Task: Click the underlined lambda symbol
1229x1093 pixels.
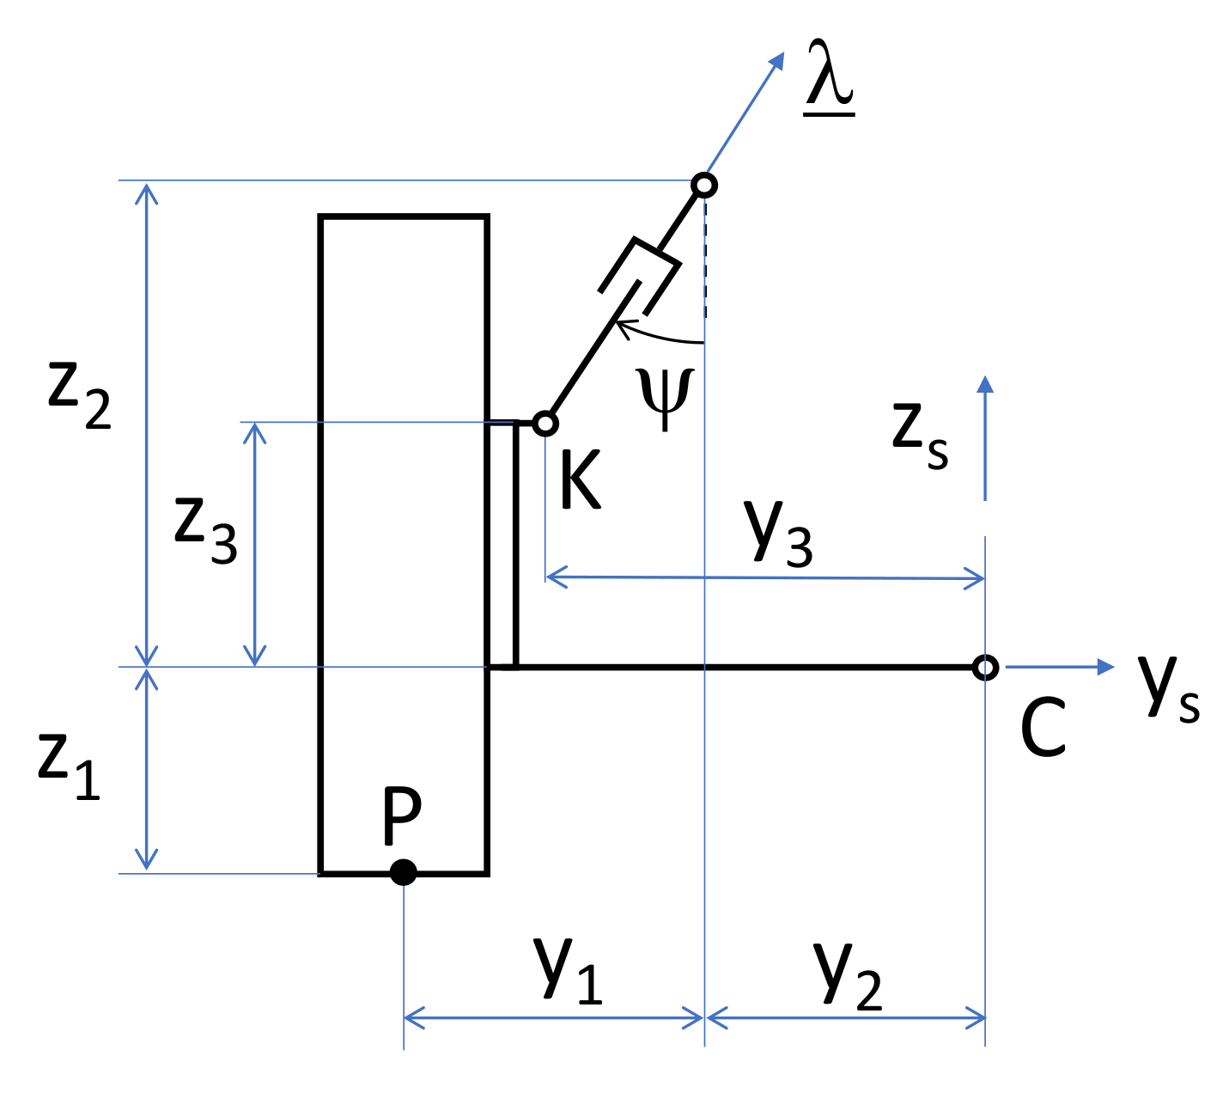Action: click(830, 82)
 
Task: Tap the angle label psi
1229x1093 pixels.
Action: click(664, 398)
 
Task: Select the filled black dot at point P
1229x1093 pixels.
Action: click(403, 872)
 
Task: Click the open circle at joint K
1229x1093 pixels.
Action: click(545, 424)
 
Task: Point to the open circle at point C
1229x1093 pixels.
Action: click(985, 667)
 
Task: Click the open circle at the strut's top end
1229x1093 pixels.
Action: click(704, 185)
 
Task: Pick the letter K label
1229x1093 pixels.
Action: click(580, 483)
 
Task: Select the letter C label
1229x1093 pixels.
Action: click(1043, 728)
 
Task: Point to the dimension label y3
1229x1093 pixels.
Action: click(778, 530)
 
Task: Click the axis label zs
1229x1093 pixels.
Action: click(920, 434)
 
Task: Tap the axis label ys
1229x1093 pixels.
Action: click(1168, 687)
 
